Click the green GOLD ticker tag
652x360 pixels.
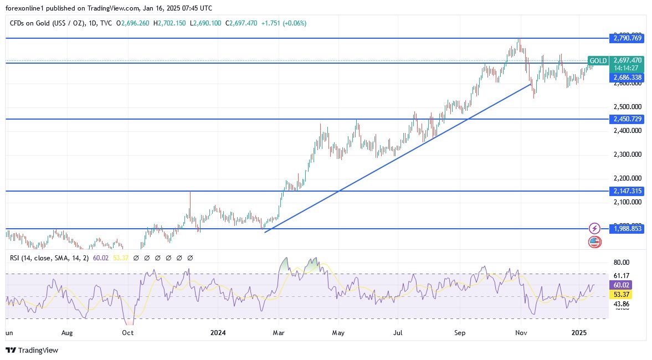598,60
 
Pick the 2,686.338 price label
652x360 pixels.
627,78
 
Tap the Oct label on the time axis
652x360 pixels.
128,333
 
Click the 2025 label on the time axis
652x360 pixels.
579,333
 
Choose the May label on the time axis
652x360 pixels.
338,333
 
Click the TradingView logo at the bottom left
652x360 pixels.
32,350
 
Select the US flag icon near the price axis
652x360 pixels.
594,241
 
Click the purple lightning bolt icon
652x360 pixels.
594,228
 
